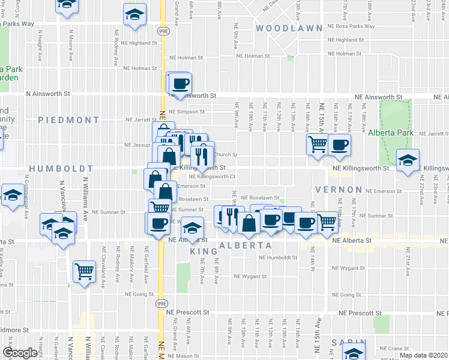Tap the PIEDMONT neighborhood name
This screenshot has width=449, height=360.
(68, 120)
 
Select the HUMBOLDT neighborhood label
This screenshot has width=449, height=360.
(61, 169)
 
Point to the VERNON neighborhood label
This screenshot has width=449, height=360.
(337, 190)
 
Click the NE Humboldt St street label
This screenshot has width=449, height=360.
(278, 258)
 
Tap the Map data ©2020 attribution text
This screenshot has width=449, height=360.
(424, 355)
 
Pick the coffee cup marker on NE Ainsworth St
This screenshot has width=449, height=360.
(181, 83)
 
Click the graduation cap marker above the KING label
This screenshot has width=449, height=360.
(192, 229)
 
